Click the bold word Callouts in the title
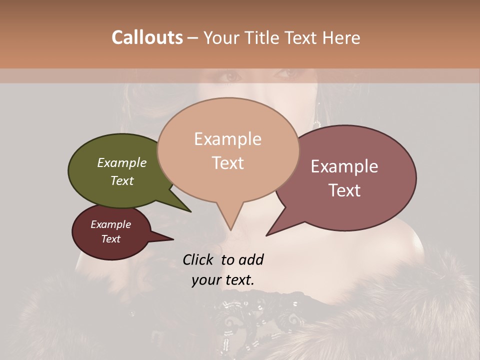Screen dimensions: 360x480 click(147, 37)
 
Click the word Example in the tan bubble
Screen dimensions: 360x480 click(227, 139)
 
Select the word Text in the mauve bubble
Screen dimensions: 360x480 click(344, 190)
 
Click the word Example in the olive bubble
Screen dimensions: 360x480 click(122, 162)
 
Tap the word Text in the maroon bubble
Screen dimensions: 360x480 click(111, 239)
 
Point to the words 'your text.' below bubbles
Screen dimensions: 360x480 click(222, 280)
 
